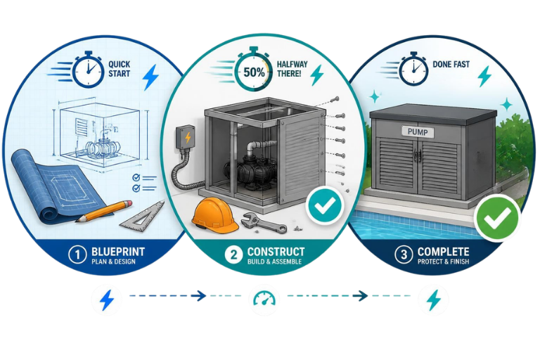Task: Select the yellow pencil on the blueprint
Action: pyautogui.click(x=104, y=211)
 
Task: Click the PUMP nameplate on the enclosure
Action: pyautogui.click(x=418, y=132)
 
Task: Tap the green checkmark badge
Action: pyautogui.click(x=496, y=218)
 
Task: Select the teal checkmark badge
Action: pyautogui.click(x=325, y=205)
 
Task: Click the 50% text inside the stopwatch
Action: pyautogui.click(x=254, y=72)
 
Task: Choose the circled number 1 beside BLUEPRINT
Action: pyautogui.click(x=77, y=255)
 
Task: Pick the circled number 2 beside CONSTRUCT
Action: pyautogui.click(x=233, y=255)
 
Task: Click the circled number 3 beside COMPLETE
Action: pyautogui.click(x=404, y=255)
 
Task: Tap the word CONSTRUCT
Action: pyautogui.click(x=276, y=252)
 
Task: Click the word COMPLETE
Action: pyautogui.click(x=443, y=252)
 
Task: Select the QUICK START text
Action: pyautogui.click(x=119, y=69)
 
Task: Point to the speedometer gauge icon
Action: pyautogui.click(x=264, y=299)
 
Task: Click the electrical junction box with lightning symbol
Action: pyautogui.click(x=186, y=137)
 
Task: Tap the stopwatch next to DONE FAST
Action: pyautogui.click(x=413, y=69)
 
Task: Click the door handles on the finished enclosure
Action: pyautogui.click(x=418, y=155)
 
